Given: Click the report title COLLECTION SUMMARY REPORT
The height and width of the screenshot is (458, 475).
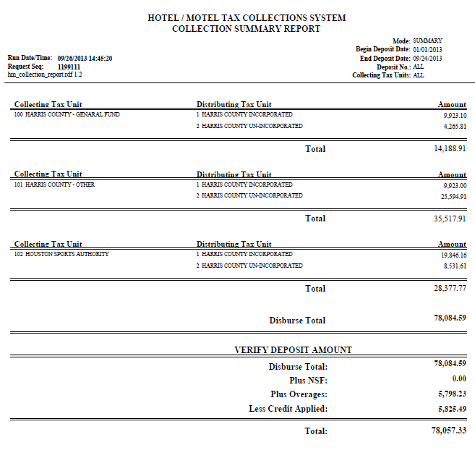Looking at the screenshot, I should [x=246, y=28].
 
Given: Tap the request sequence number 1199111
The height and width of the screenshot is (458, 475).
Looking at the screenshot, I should [x=69, y=67].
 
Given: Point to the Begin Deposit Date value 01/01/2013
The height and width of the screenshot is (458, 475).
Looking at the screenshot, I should [x=427, y=49].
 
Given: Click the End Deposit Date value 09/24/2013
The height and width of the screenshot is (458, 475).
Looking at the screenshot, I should [x=427, y=58].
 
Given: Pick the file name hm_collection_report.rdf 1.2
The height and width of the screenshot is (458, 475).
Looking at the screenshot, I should [x=45, y=75].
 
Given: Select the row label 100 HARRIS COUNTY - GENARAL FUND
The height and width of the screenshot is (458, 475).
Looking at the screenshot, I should [x=67, y=114].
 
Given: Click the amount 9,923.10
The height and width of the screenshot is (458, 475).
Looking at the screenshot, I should [x=455, y=115].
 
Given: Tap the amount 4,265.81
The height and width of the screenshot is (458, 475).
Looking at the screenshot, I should [x=455, y=127].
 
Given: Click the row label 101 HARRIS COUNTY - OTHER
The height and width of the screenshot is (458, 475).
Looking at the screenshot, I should [x=54, y=185].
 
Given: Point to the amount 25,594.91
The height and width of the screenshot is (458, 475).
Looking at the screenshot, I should [x=453, y=196].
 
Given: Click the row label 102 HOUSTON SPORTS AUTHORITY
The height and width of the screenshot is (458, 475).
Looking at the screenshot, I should [x=61, y=254].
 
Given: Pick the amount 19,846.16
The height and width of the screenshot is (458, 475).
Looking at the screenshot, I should [x=453, y=255].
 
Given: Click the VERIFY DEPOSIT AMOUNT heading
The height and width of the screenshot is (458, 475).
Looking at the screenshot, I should [x=293, y=349].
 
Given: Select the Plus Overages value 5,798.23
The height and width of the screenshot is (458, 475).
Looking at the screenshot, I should [x=450, y=394].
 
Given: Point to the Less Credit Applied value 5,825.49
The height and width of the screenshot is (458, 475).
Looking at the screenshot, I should [x=450, y=409].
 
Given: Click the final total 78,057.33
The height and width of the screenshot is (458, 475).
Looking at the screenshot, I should [x=448, y=431].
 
